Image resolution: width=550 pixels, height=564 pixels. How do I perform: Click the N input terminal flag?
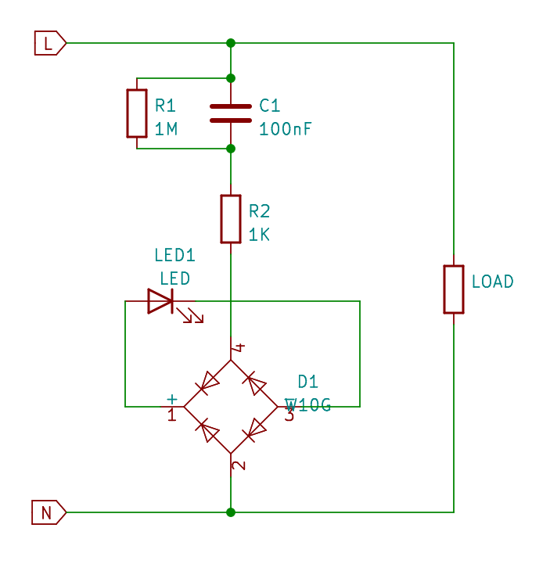click(x=48, y=512)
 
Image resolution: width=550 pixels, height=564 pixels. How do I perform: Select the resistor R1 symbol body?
click(x=137, y=113)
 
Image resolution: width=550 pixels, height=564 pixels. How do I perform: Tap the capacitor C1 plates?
click(x=230, y=113)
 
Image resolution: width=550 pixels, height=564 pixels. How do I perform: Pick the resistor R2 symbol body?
click(x=230, y=219)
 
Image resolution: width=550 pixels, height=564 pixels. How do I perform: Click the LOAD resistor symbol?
click(x=454, y=289)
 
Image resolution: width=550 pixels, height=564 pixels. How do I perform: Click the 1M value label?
click(x=166, y=129)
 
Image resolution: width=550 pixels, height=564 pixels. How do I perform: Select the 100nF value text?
click(x=285, y=129)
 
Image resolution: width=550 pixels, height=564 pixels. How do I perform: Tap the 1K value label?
click(x=259, y=234)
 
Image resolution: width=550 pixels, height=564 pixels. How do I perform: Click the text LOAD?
click(x=492, y=282)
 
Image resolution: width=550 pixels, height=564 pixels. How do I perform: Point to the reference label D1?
click(x=308, y=382)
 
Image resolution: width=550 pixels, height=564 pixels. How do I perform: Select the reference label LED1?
click(x=174, y=255)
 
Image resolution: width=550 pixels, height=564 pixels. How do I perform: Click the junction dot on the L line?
click(x=230, y=43)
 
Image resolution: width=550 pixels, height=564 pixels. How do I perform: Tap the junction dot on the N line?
click(x=230, y=512)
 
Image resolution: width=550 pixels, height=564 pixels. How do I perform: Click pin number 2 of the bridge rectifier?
click(x=239, y=465)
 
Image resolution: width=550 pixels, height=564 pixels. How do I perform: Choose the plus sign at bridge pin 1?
click(x=172, y=399)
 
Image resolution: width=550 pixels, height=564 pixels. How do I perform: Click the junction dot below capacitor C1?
click(x=230, y=148)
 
